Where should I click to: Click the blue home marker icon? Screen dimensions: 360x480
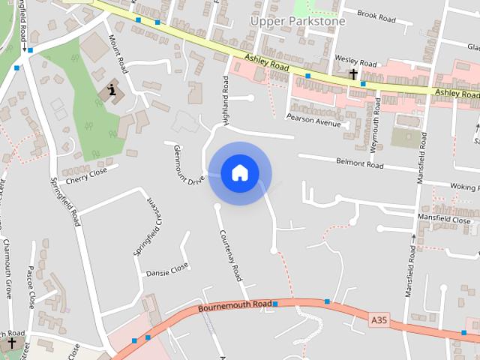pos(239,172)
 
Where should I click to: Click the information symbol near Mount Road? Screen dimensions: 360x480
pos(112,91)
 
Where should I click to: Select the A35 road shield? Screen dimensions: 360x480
pos(379,320)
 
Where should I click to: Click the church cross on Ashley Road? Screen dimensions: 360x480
pos(353,73)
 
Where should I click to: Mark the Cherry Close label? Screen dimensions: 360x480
pos(87,175)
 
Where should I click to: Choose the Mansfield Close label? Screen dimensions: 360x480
pos(445,220)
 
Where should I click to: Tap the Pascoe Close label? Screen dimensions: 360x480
pos(31,286)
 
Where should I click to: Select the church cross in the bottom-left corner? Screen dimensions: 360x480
pos(11,343)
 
